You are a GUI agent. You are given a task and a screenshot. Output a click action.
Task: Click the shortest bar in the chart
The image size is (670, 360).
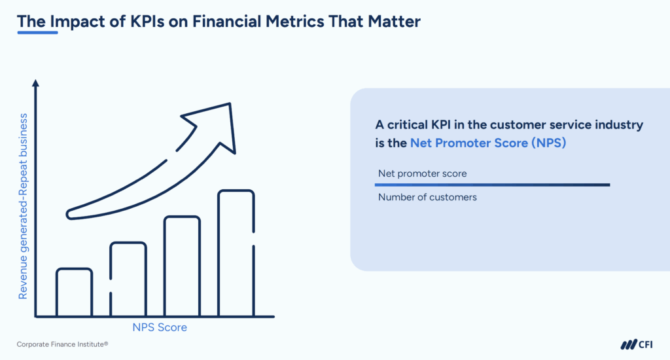click(74, 292)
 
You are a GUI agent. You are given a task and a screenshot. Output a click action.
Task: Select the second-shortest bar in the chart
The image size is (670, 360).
click(128, 279)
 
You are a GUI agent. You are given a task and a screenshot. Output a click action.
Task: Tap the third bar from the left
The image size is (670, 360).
click(182, 266)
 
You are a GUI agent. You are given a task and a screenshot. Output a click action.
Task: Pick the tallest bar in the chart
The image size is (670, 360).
click(236, 253)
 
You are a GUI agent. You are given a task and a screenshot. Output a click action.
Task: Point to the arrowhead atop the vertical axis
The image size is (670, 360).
click(35, 83)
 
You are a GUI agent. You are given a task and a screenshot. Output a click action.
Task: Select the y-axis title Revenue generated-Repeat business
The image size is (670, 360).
click(23, 206)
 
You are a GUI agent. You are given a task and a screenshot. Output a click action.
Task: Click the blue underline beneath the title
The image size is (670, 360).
click(37, 33)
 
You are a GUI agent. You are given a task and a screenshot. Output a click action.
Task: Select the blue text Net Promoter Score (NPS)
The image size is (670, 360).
click(487, 143)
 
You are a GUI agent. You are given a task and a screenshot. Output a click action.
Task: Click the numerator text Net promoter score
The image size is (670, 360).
click(423, 174)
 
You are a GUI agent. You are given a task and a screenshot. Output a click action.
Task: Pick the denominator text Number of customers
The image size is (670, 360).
click(427, 196)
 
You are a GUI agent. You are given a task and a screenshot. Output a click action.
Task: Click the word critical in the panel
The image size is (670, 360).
click(411, 124)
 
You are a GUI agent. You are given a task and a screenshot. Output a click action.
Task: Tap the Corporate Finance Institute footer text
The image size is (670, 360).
click(62, 344)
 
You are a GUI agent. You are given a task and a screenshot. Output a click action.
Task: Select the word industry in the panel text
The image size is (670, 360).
click(616, 124)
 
